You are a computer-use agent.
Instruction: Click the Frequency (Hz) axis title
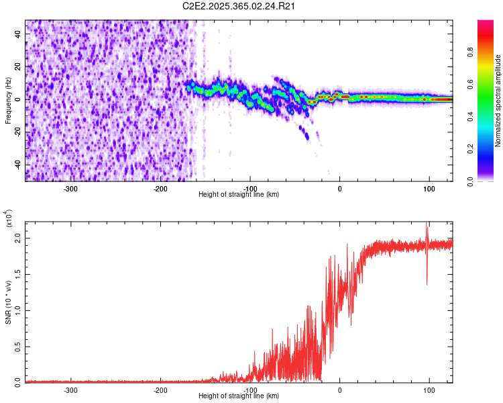(7, 101)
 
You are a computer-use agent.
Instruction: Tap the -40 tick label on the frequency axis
(19, 165)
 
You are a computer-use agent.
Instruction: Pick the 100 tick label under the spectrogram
(429, 188)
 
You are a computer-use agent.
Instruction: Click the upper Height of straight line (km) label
(239, 195)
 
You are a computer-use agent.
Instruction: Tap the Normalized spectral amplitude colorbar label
(498, 101)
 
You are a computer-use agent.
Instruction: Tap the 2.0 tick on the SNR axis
(18, 240)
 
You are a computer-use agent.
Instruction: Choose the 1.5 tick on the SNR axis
(18, 275)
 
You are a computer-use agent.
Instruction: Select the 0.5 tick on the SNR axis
(18, 346)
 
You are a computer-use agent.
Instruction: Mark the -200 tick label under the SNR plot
(160, 390)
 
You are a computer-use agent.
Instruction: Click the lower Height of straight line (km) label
(239, 396)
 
